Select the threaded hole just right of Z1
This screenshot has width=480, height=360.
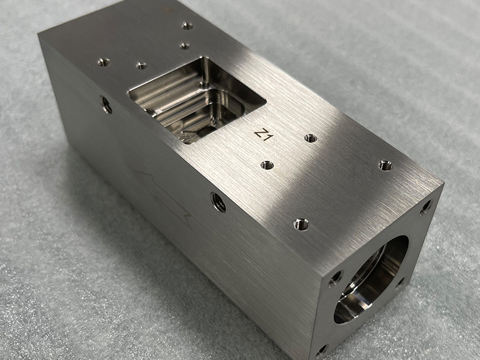[310, 138]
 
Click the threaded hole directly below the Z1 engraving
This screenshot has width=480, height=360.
[268, 165]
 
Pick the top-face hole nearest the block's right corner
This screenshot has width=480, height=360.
[385, 165]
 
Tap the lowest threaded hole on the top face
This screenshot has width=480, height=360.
[301, 225]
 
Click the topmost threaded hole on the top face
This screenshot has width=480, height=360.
[188, 26]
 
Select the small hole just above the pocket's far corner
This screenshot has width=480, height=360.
[184, 46]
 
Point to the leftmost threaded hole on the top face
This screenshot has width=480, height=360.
[104, 62]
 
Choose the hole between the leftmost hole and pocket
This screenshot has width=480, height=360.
[142, 65]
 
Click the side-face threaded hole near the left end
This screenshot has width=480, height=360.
[107, 105]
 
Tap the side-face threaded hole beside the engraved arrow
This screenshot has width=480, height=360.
[218, 202]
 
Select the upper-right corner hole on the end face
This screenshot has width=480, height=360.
[425, 207]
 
